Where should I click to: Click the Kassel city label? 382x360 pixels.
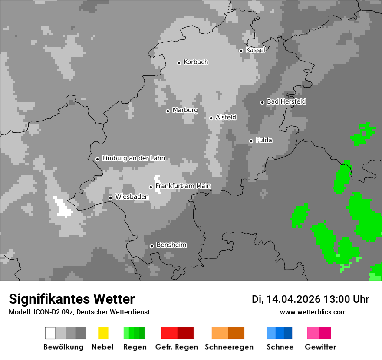pyautogui.click(x=255, y=50)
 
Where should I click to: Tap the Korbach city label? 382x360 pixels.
pyautogui.click(x=196, y=62)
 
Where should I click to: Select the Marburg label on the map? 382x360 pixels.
pyautogui.click(x=185, y=110)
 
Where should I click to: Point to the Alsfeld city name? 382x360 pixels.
pyautogui.click(x=226, y=117)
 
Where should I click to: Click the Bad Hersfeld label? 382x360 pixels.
pyautogui.click(x=286, y=101)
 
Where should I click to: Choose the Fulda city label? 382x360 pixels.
pyautogui.click(x=264, y=140)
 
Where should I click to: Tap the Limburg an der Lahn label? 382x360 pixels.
pyautogui.click(x=134, y=158)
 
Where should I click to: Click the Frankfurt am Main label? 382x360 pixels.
pyautogui.click(x=183, y=186)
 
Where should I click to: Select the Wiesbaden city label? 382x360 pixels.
pyautogui.click(x=132, y=197)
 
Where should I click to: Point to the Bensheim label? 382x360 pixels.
pyautogui.click(x=171, y=245)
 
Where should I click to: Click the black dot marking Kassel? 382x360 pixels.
pyautogui.click(x=241, y=51)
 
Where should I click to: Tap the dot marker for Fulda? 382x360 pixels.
pyautogui.click(x=251, y=141)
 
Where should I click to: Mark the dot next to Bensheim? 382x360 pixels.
pyautogui.click(x=151, y=246)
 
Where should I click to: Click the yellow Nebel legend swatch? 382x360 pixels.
pyautogui.click(x=103, y=333)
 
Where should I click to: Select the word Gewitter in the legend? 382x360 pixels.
pyautogui.click(x=320, y=347)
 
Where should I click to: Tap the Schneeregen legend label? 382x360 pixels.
pyautogui.click(x=229, y=347)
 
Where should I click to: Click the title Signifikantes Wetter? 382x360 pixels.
pyautogui.click(x=72, y=299)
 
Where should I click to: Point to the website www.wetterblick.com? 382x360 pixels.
pyautogui.click(x=313, y=312)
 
